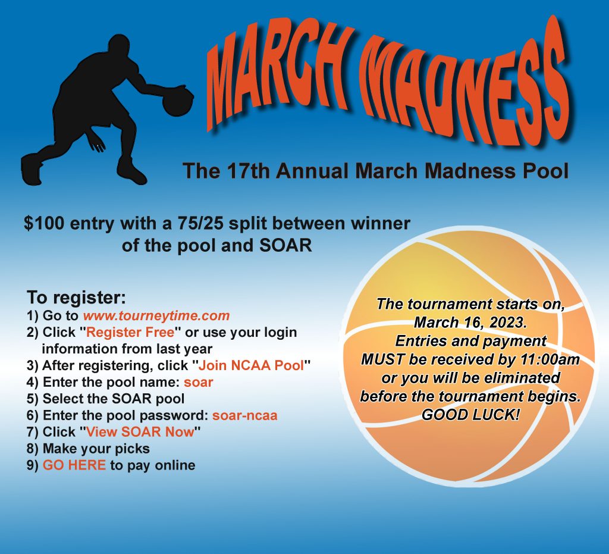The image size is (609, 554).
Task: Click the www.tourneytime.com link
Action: (156, 315)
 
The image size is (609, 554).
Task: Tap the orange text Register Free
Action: (130, 332)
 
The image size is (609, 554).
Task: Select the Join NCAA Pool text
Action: (252, 365)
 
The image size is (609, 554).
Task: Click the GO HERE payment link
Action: (74, 465)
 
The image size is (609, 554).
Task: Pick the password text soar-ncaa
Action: (244, 415)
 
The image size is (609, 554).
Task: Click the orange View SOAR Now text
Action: (140, 431)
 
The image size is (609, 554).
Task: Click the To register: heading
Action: (77, 298)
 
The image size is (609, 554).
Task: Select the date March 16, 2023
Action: (470, 322)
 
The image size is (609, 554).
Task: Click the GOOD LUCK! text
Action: (470, 415)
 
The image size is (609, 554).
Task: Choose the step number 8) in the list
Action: (33, 449)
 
